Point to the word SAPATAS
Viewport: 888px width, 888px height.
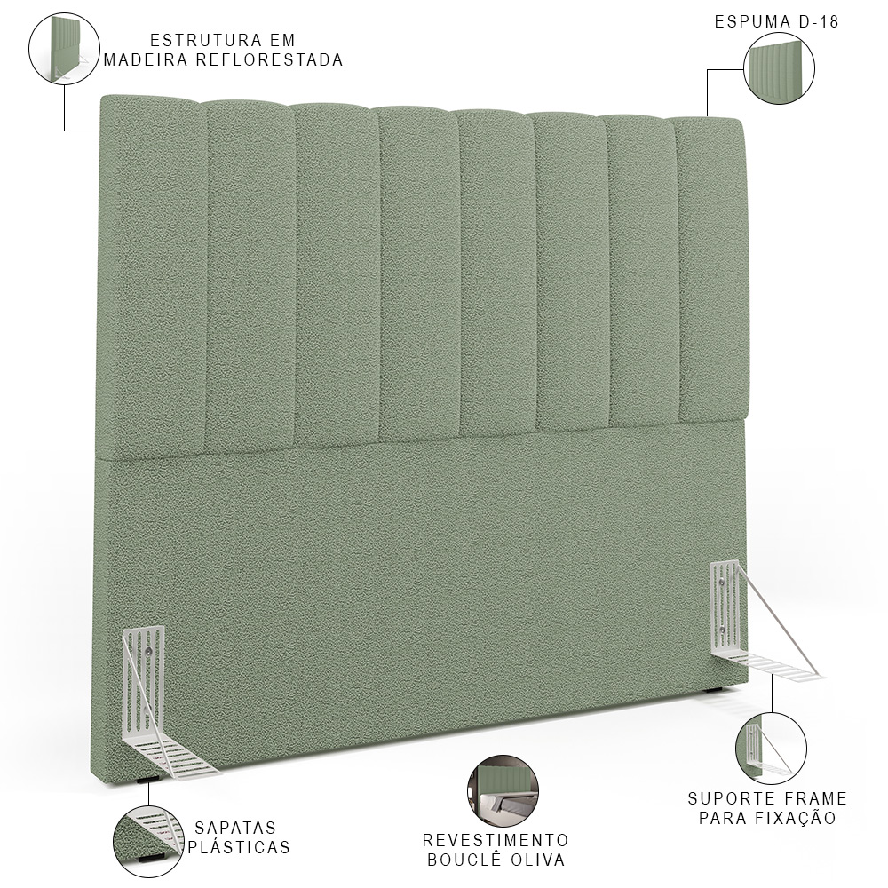tap(235, 828)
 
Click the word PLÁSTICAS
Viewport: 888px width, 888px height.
tap(238, 847)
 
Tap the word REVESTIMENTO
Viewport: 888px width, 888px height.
tap(496, 839)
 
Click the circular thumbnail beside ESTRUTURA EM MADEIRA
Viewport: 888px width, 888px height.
tap(65, 49)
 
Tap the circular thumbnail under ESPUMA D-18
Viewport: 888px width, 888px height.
tap(780, 68)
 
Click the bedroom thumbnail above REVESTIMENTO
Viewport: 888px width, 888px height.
tap(503, 790)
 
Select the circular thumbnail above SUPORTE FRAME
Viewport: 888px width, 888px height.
tap(772, 748)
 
